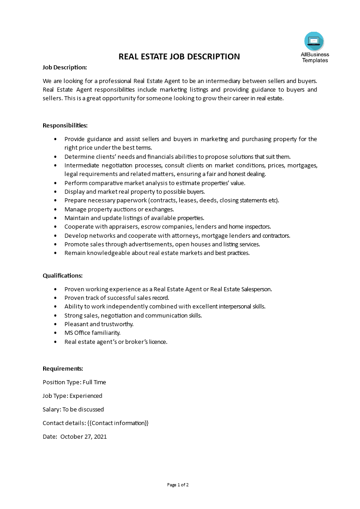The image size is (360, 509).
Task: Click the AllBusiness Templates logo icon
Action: (314, 41)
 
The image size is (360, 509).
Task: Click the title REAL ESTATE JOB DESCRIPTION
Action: (179, 57)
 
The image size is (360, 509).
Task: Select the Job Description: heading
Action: (64, 67)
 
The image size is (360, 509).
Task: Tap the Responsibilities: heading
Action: (65, 125)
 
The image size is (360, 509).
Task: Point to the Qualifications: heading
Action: (63, 275)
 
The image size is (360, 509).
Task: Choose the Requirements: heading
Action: (63, 368)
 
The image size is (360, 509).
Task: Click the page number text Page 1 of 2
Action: (178, 485)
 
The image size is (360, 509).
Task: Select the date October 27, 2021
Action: (84, 437)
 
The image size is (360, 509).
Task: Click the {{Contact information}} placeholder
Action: (118, 423)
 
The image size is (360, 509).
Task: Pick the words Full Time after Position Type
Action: (94, 382)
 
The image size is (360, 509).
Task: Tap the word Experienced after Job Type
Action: (86, 396)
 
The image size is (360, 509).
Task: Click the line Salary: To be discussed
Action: (73, 410)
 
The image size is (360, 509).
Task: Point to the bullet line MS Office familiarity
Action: (92, 333)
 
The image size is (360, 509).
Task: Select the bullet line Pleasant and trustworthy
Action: (99, 324)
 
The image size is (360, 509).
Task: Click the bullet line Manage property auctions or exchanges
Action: (119, 210)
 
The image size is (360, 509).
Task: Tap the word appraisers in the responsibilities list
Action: (111, 227)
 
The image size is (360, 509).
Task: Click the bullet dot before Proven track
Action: (55, 298)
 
